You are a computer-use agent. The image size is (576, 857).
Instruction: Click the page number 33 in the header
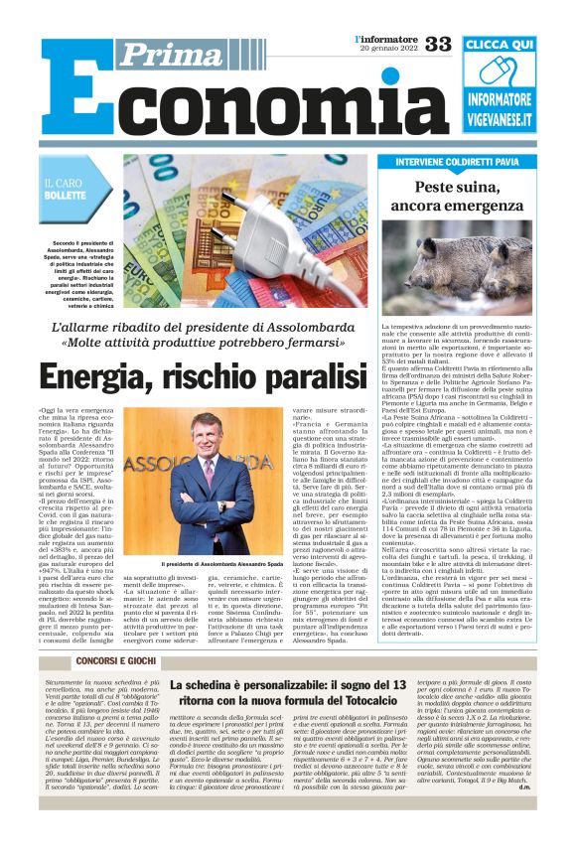tap(438, 44)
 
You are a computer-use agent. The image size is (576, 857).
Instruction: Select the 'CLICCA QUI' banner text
tap(499, 46)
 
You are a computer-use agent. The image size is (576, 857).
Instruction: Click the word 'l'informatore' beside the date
tap(386, 38)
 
